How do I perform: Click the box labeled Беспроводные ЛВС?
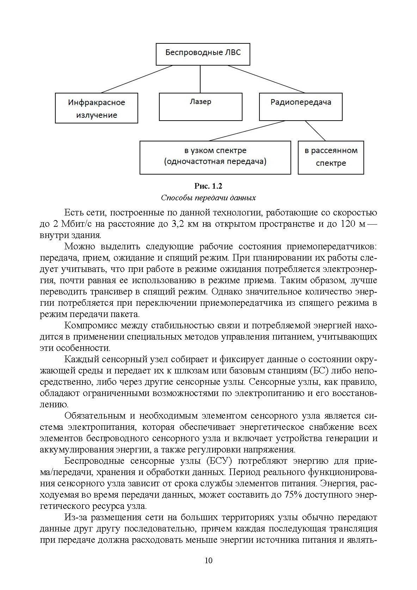tap(203, 54)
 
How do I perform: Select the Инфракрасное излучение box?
tap(96, 108)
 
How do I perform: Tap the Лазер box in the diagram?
tap(201, 107)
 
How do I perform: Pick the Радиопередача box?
tap(301, 107)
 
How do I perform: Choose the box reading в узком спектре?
tap(215, 157)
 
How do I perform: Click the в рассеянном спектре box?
tap(331, 157)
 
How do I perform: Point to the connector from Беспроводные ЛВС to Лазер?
tap(201, 79)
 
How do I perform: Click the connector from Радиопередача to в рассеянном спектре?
tap(315, 131)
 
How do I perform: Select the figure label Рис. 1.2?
tap(208, 186)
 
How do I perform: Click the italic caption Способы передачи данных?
tap(208, 197)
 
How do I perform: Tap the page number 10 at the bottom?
tap(208, 560)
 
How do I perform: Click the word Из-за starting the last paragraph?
tap(75, 517)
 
